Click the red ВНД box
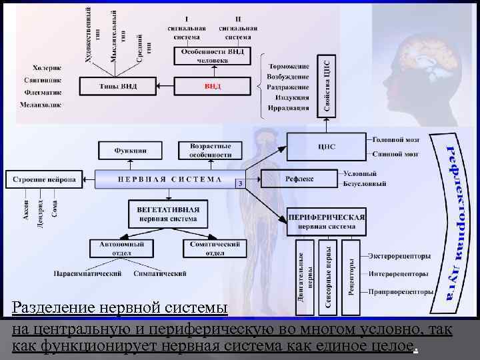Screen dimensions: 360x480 (x=213, y=87)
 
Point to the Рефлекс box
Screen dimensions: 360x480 (x=299, y=179)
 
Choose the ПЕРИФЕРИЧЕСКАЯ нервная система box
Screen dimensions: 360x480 (x=327, y=221)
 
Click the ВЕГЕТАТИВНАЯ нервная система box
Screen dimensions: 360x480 (x=168, y=214)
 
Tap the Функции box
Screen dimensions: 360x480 (x=131, y=151)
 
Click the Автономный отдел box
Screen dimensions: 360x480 (x=117, y=248)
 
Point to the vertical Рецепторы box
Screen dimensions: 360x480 (x=352, y=276)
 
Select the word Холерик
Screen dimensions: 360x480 (x=47, y=67)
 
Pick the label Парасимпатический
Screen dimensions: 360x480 (x=89, y=273)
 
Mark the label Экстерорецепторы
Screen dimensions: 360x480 (x=399, y=256)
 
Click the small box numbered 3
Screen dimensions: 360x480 (x=239, y=183)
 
